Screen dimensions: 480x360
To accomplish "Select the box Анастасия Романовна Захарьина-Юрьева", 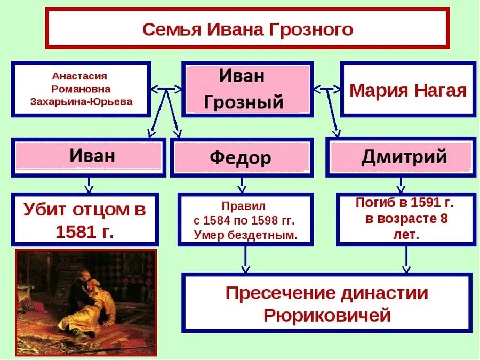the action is tap(82, 89).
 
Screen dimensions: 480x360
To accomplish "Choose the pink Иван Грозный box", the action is tap(247, 89).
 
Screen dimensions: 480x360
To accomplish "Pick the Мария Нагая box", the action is tap(408, 90).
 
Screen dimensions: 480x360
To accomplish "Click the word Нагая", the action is tap(442, 90).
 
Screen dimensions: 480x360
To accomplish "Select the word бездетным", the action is tap(269, 234).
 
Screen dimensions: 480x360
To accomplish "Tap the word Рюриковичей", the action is tap(327, 315).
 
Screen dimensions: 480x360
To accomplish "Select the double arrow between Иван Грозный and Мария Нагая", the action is tap(327, 89).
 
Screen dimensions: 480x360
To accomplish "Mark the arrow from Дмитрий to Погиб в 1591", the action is tap(401, 186).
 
